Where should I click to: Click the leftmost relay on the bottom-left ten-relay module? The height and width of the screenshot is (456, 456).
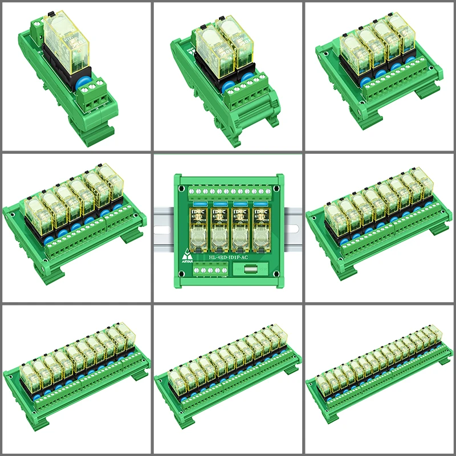(x=30, y=375)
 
